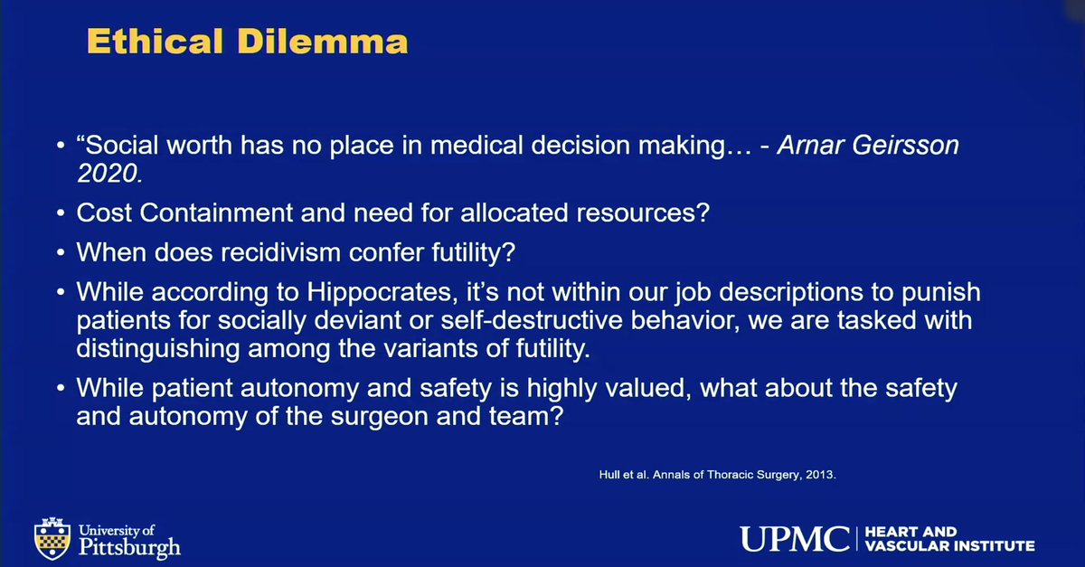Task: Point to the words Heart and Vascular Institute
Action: [x=948, y=540]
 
